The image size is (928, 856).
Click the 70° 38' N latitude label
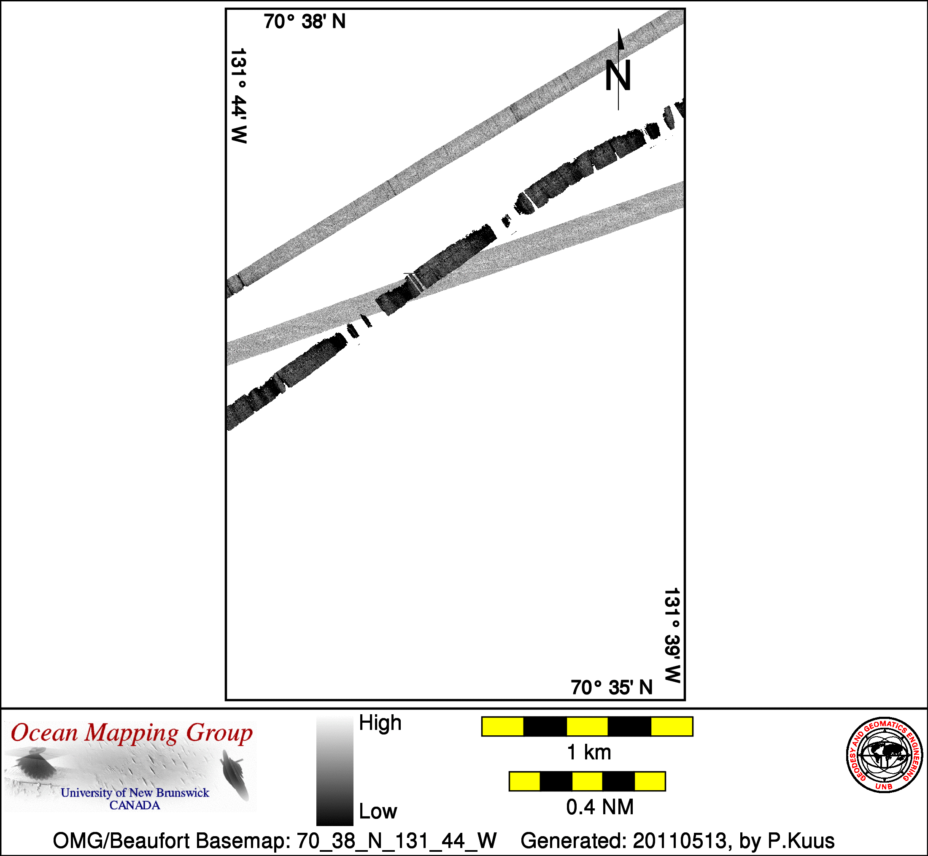(x=305, y=22)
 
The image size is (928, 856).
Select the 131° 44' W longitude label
(x=238, y=96)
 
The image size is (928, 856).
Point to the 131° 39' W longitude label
(x=672, y=635)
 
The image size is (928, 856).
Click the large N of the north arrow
(x=618, y=76)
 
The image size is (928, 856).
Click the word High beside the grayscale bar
(x=380, y=723)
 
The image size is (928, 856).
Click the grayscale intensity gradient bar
(x=335, y=770)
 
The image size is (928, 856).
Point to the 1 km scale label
(x=589, y=753)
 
